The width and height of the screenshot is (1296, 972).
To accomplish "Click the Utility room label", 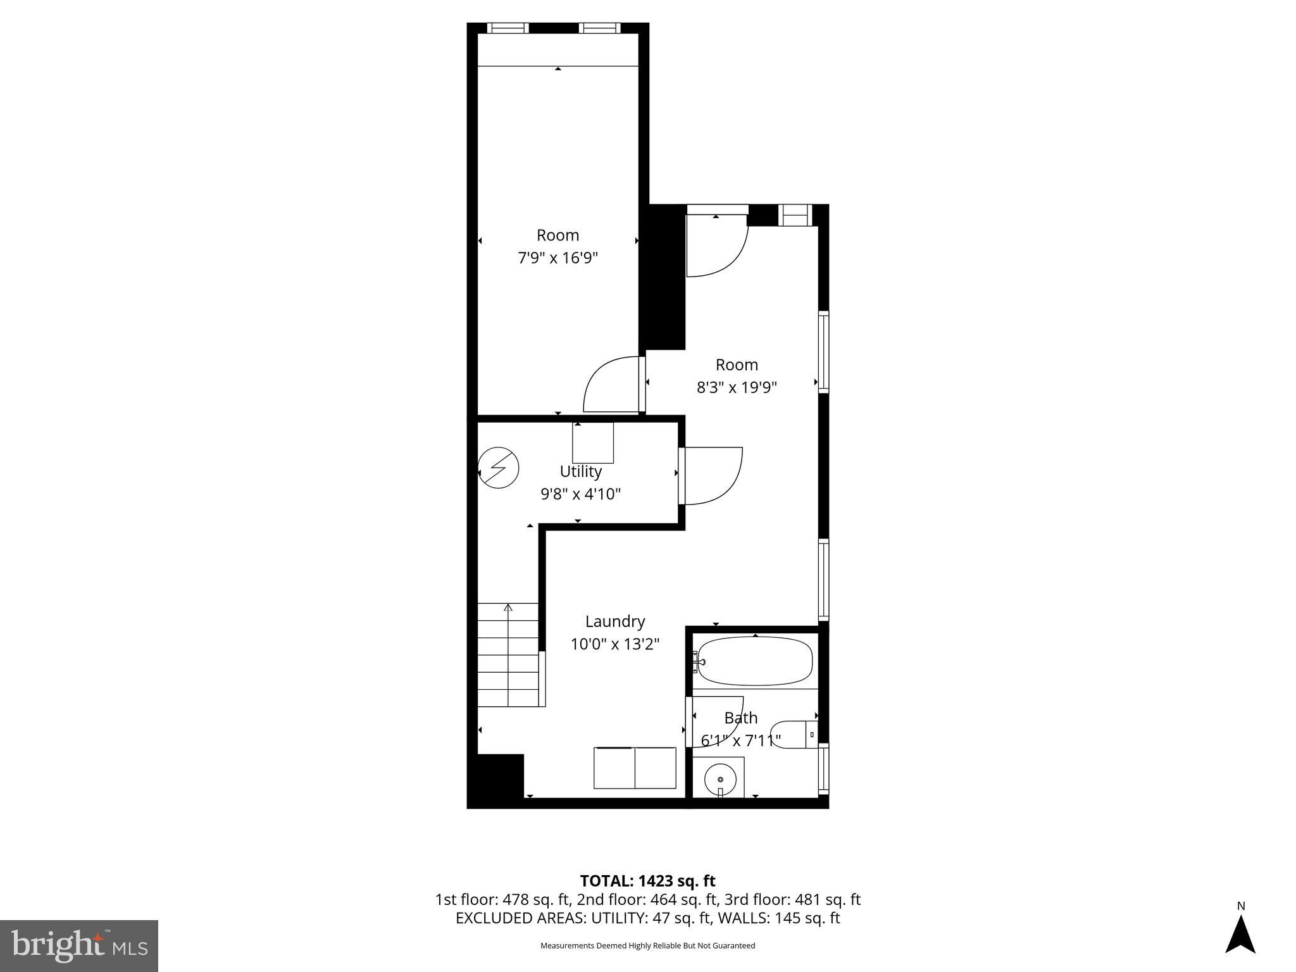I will pos(580,471).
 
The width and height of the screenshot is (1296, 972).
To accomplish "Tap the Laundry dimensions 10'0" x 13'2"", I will pos(615,644).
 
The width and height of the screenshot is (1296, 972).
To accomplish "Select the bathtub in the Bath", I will pos(755,661).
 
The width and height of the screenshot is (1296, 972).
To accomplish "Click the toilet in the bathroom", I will pos(794,734).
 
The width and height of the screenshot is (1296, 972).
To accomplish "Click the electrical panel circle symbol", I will pos(498,468).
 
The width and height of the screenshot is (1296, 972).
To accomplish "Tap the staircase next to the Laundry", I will pos(508,655).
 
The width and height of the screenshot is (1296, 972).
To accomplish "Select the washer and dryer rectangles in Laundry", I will pos(635,768).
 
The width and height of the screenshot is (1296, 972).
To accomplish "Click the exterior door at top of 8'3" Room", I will pos(718,244).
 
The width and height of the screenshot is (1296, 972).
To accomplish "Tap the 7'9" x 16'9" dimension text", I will pos(558,258).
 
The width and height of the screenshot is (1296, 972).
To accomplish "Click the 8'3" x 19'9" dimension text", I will pos(737,387).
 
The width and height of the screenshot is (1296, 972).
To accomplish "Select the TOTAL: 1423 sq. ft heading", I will pos(647,881).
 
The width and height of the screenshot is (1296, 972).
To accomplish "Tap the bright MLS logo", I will pos(79,945).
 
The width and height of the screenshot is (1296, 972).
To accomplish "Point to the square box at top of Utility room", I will pos(593,442).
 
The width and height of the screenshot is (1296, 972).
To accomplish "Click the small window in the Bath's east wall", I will pos(823,769).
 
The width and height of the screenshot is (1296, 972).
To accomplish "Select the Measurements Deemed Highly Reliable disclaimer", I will pos(647,945).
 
